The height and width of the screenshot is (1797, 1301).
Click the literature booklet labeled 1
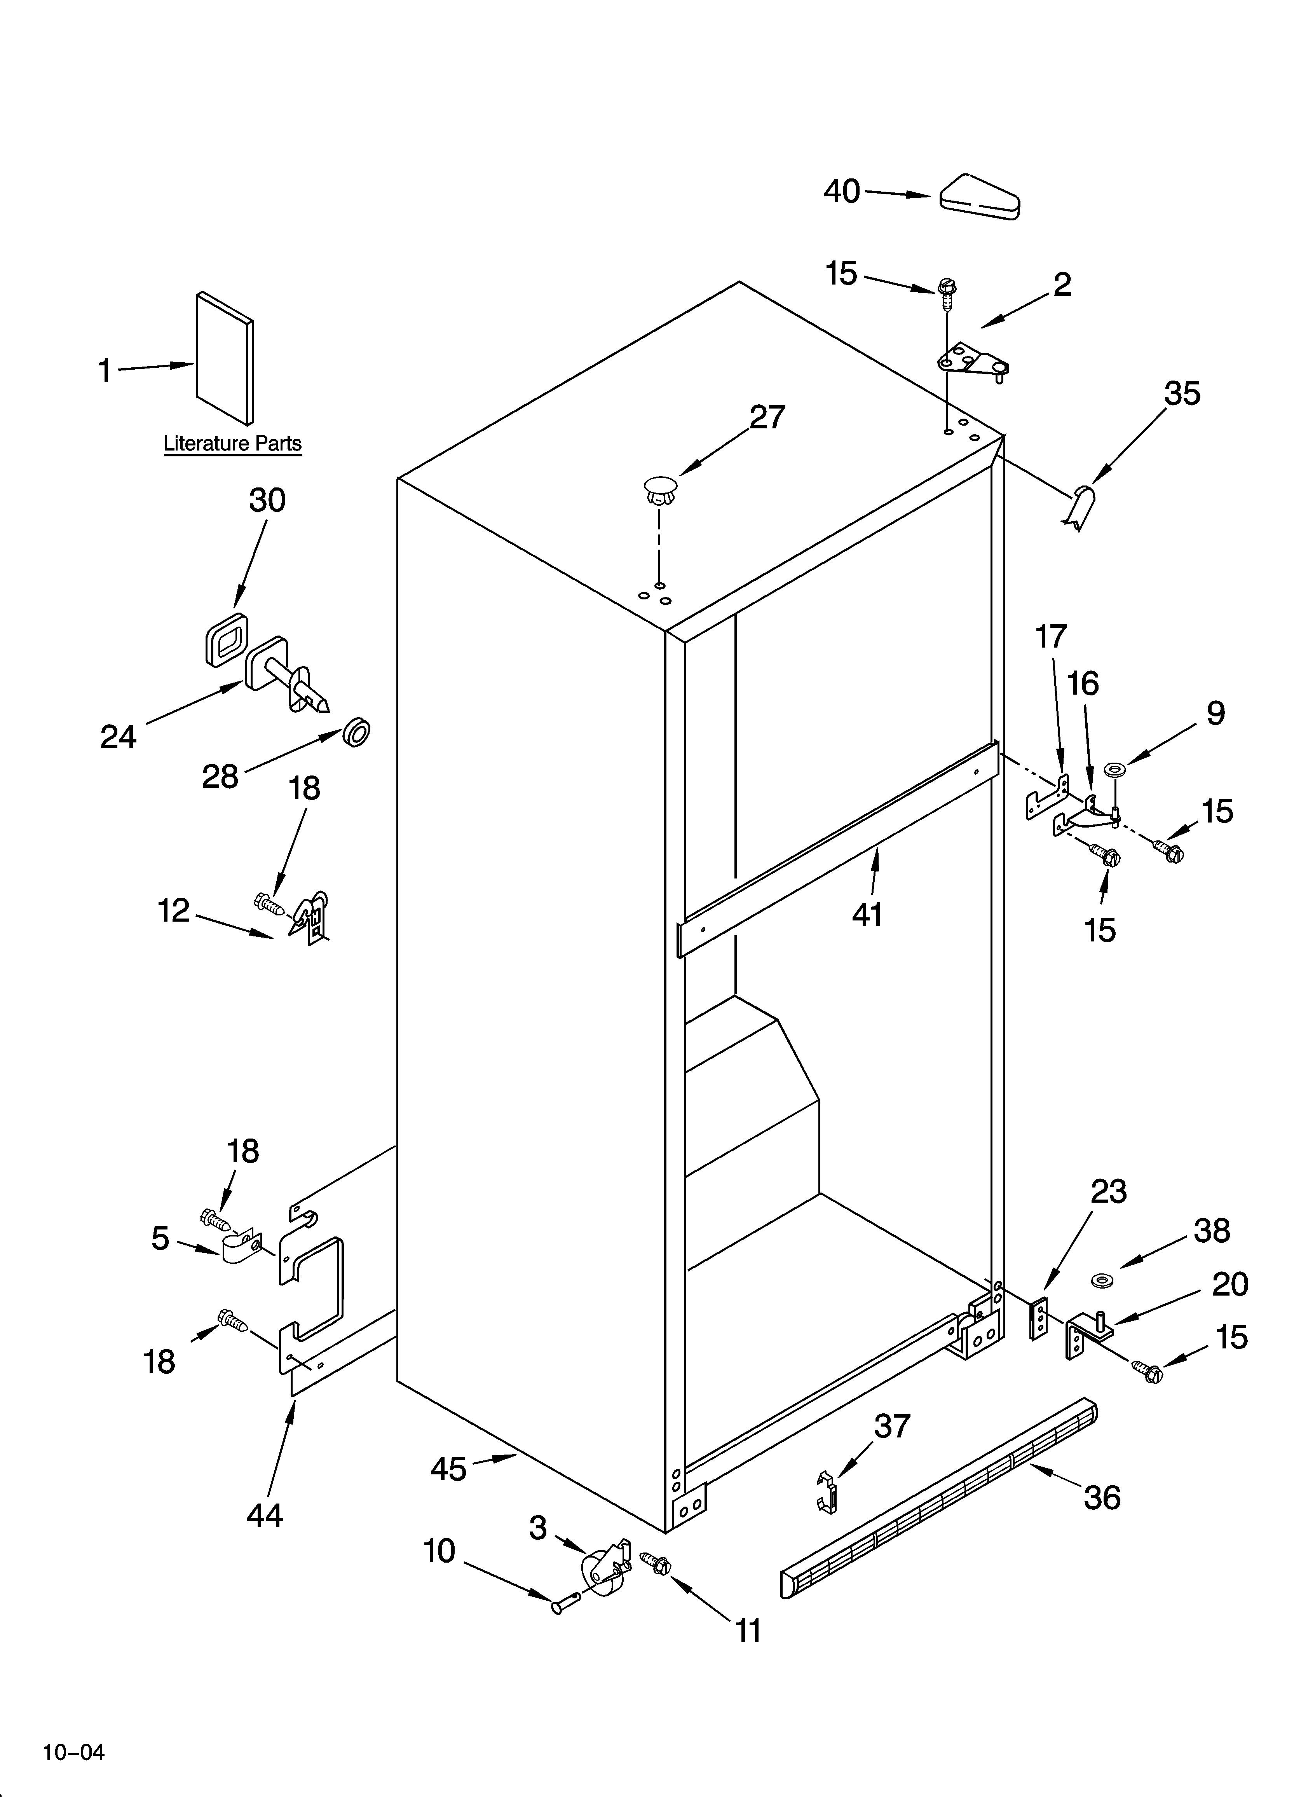(x=225, y=358)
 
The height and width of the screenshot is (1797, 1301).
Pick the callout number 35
(x=1181, y=394)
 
